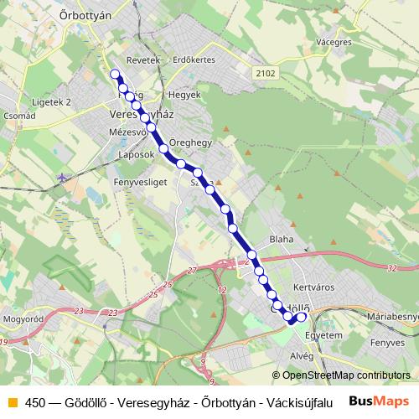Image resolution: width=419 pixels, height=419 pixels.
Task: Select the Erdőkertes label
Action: point(194,61)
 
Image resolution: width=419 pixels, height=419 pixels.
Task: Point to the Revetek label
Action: point(142,61)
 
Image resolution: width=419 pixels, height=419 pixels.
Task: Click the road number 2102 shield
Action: point(266,73)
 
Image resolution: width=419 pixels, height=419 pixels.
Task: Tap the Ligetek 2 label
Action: point(51,101)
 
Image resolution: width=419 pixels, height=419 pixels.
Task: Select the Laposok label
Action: point(137,155)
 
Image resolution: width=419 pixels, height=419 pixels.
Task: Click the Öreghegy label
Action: point(190,143)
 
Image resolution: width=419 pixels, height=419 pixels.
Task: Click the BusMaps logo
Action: point(380,401)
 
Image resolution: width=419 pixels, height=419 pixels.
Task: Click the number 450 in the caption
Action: point(35,401)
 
